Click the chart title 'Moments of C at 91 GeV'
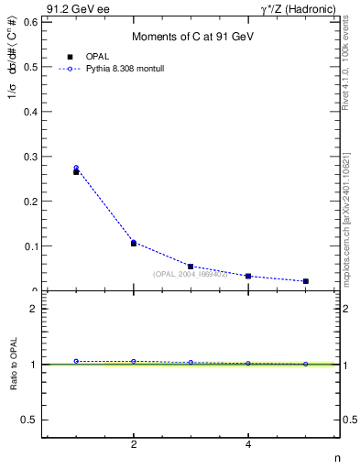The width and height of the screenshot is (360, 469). pos(192,36)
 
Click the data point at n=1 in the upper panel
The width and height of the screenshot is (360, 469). pos(76,170)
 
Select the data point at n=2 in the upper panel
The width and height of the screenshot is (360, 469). pos(134,243)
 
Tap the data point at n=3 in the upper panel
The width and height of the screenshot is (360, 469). pos(191,267)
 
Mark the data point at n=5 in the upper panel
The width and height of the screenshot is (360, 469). pos(305,281)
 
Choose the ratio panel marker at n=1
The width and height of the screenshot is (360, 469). pos(76,361)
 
